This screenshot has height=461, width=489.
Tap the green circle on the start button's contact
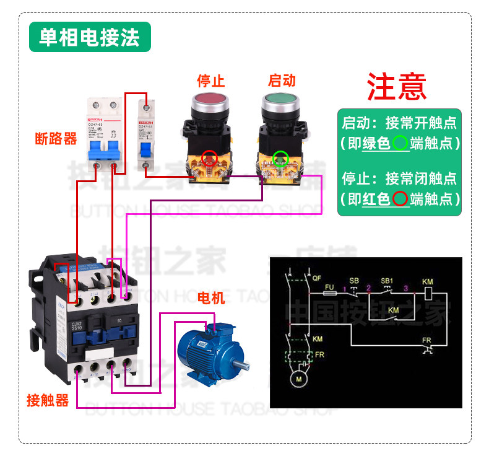281,158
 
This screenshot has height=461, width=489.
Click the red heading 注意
397,87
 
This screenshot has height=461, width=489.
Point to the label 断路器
56,139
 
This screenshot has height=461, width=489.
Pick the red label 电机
211,298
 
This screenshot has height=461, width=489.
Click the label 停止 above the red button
210,81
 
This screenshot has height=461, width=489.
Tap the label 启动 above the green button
282,81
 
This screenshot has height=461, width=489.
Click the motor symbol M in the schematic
300,379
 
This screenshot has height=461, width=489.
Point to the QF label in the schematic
317,277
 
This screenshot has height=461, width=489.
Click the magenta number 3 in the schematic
405,288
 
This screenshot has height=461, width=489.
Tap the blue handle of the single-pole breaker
145,151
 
